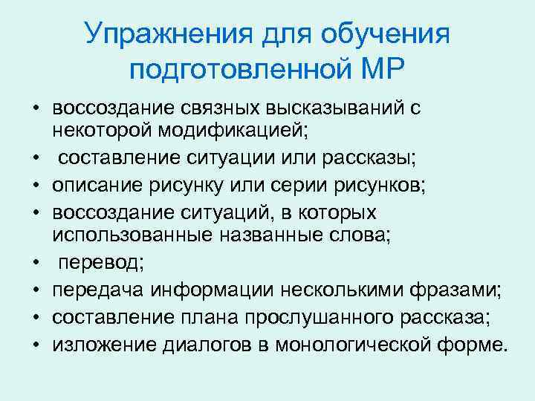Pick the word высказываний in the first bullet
[334, 108]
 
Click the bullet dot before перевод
[35, 264]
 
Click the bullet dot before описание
[35, 186]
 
